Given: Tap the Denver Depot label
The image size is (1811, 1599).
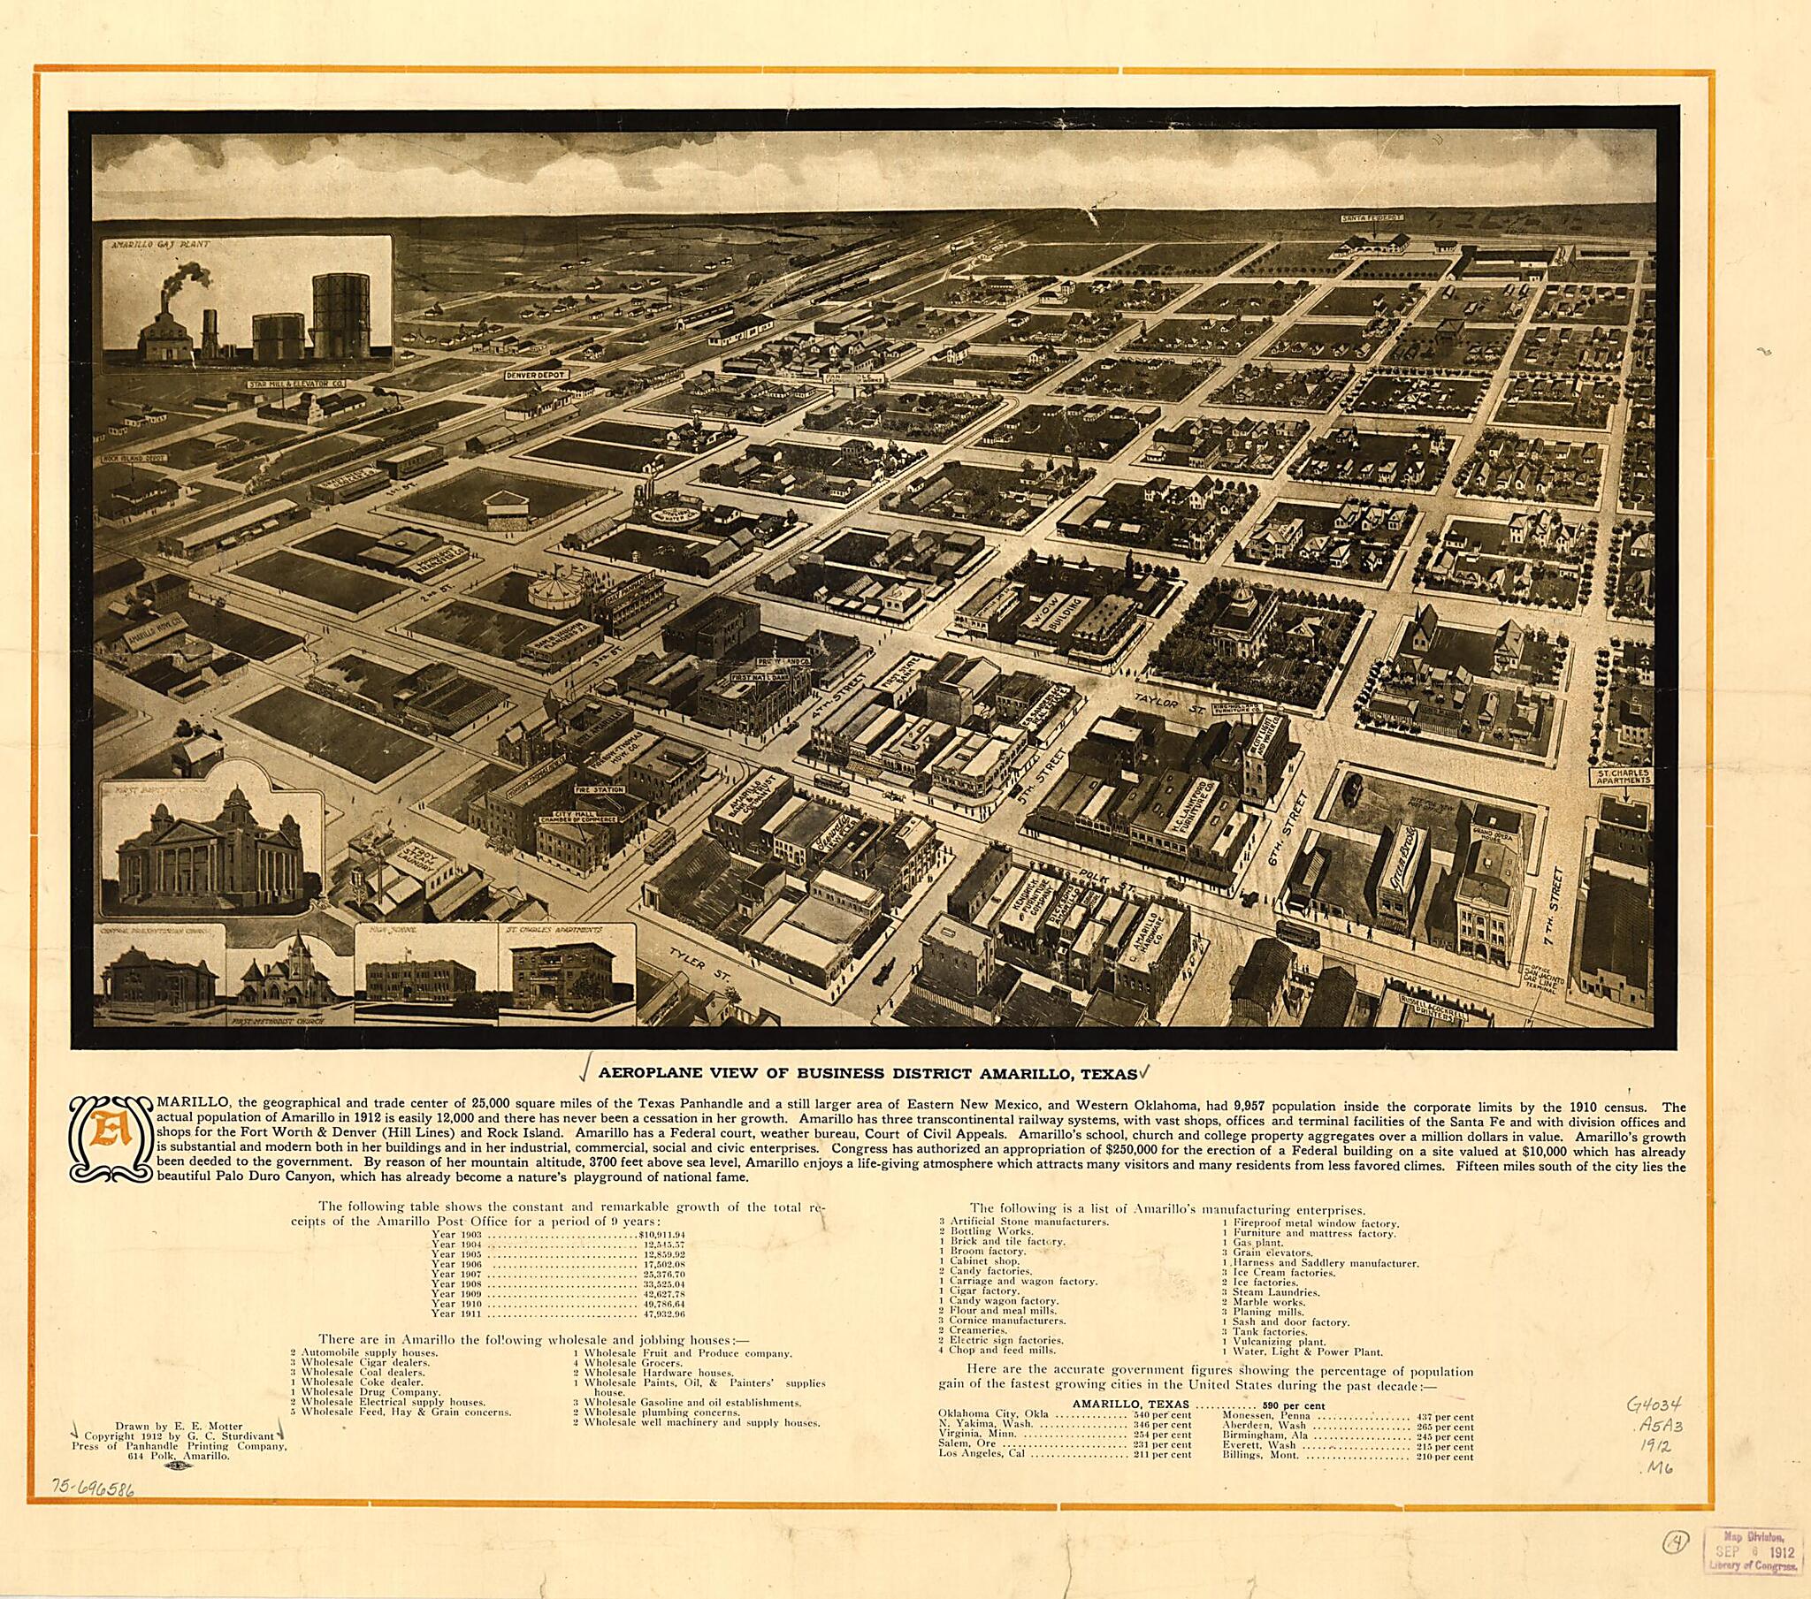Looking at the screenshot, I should (535, 375).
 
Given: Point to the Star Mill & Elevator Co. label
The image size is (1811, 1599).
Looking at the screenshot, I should (297, 385).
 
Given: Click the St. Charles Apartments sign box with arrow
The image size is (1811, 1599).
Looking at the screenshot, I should (1623, 780).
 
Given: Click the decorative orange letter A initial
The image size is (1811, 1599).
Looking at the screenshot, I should (112, 1138).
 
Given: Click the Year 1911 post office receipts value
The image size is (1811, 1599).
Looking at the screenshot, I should (660, 1313).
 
